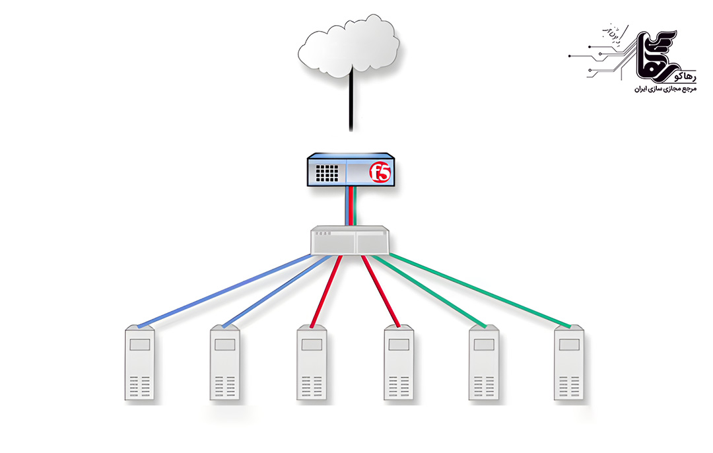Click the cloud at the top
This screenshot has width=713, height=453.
pos(349,44)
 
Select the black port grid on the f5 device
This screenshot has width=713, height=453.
pos(326,173)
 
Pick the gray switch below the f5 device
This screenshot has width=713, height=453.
pos(351,240)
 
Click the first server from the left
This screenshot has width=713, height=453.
pos(140,363)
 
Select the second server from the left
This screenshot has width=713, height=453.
pos(225,363)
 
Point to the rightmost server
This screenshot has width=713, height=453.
pos(568,363)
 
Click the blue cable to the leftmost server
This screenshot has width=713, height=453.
pos(224,291)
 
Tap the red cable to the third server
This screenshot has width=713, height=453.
pos(327,291)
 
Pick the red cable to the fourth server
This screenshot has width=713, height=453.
pos(381,291)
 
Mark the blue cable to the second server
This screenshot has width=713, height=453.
pos(277,291)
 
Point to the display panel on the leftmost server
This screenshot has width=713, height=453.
pos(140,345)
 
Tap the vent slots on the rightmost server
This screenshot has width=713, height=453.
pos(568,386)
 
